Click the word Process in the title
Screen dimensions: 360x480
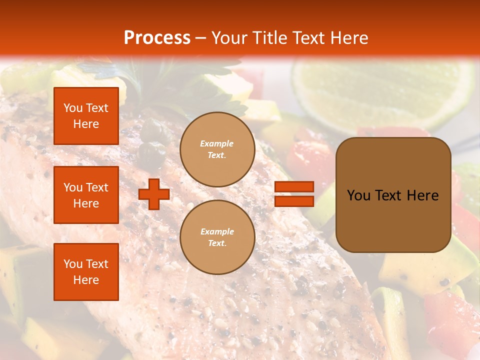[157, 38]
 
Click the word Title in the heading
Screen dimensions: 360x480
[269, 38]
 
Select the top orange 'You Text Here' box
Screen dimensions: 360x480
[86, 116]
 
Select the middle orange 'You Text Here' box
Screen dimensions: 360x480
[86, 195]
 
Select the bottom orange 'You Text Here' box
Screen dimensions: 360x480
[86, 272]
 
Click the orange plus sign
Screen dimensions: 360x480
[154, 194]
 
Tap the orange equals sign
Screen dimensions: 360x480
[294, 194]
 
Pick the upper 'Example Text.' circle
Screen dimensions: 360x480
[217, 149]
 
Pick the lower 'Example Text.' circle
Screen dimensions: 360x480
[217, 237]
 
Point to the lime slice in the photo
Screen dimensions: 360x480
[380, 90]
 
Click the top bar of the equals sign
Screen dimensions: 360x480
[294, 187]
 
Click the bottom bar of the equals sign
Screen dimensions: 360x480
[294, 201]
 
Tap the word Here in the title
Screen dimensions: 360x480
[350, 38]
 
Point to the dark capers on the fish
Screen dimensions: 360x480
[150, 145]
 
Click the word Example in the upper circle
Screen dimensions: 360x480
[217, 144]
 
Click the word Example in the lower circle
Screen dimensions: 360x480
[217, 232]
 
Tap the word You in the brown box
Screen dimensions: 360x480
[358, 195]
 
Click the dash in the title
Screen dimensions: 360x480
[201, 39]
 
